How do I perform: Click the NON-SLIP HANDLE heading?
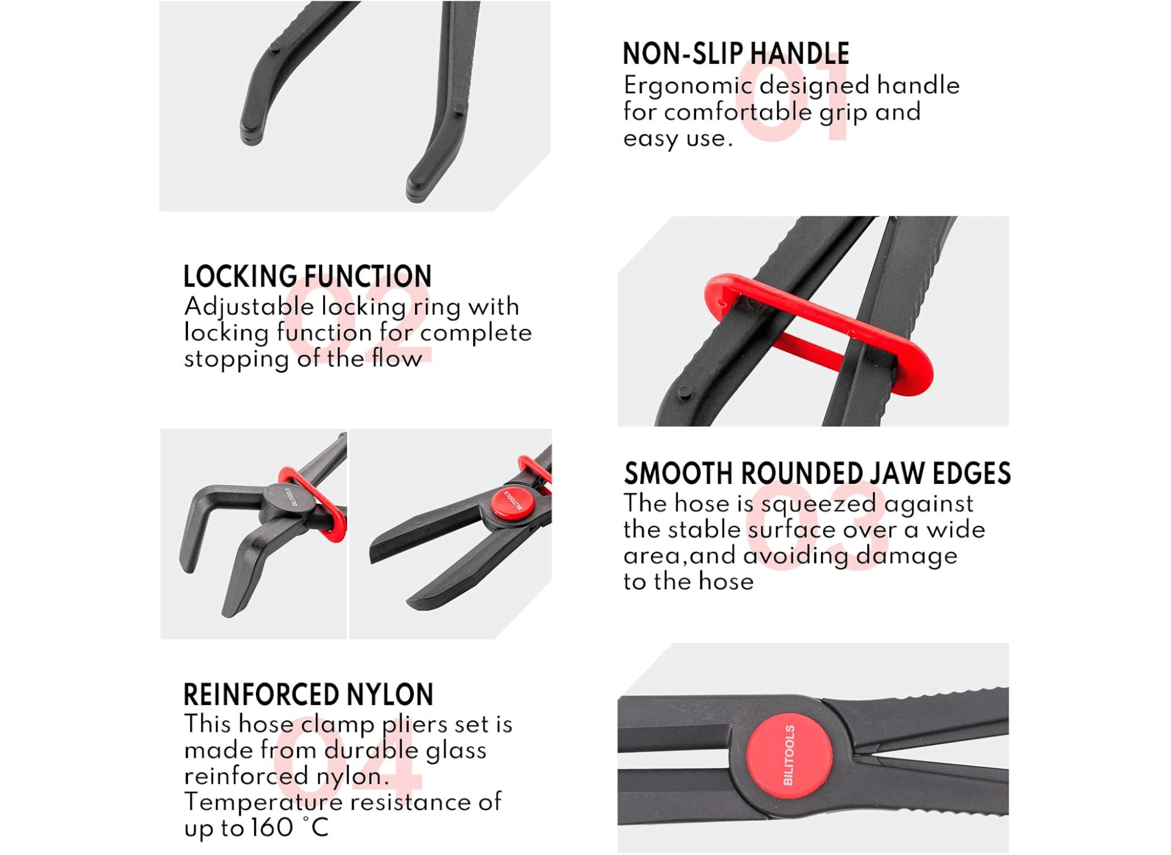pos(735,54)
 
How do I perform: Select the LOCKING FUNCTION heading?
pos(307,276)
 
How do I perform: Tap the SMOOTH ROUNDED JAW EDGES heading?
pos(817,473)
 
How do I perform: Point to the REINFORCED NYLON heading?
pos(309,695)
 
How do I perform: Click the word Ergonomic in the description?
pos(688,87)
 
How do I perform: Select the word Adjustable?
pos(249,307)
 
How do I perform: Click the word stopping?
pos(236,359)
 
